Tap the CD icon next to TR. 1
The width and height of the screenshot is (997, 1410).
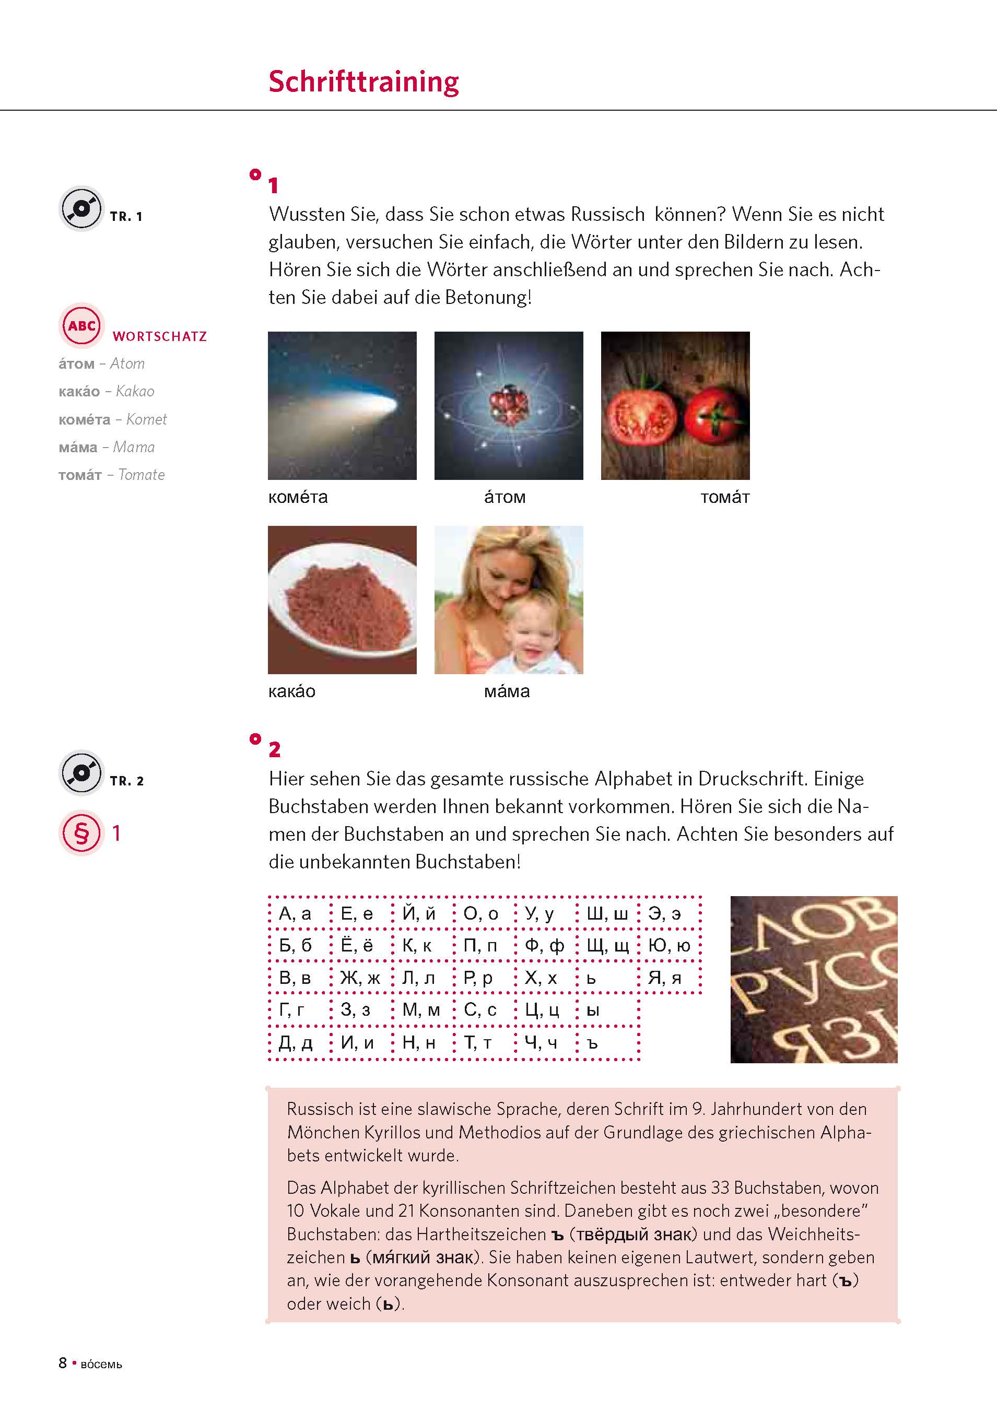81,208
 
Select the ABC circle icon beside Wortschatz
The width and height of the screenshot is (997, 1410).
81,325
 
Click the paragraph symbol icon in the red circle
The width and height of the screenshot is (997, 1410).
81,833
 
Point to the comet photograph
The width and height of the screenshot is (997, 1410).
342,405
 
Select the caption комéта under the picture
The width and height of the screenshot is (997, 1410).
298,498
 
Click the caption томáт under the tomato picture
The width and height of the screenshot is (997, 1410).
725,498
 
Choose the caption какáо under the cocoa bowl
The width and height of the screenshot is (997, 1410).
292,691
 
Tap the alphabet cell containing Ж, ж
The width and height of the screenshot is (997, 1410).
360,978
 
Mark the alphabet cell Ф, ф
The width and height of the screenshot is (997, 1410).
544,946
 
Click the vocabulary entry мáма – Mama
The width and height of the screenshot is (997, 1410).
106,447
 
